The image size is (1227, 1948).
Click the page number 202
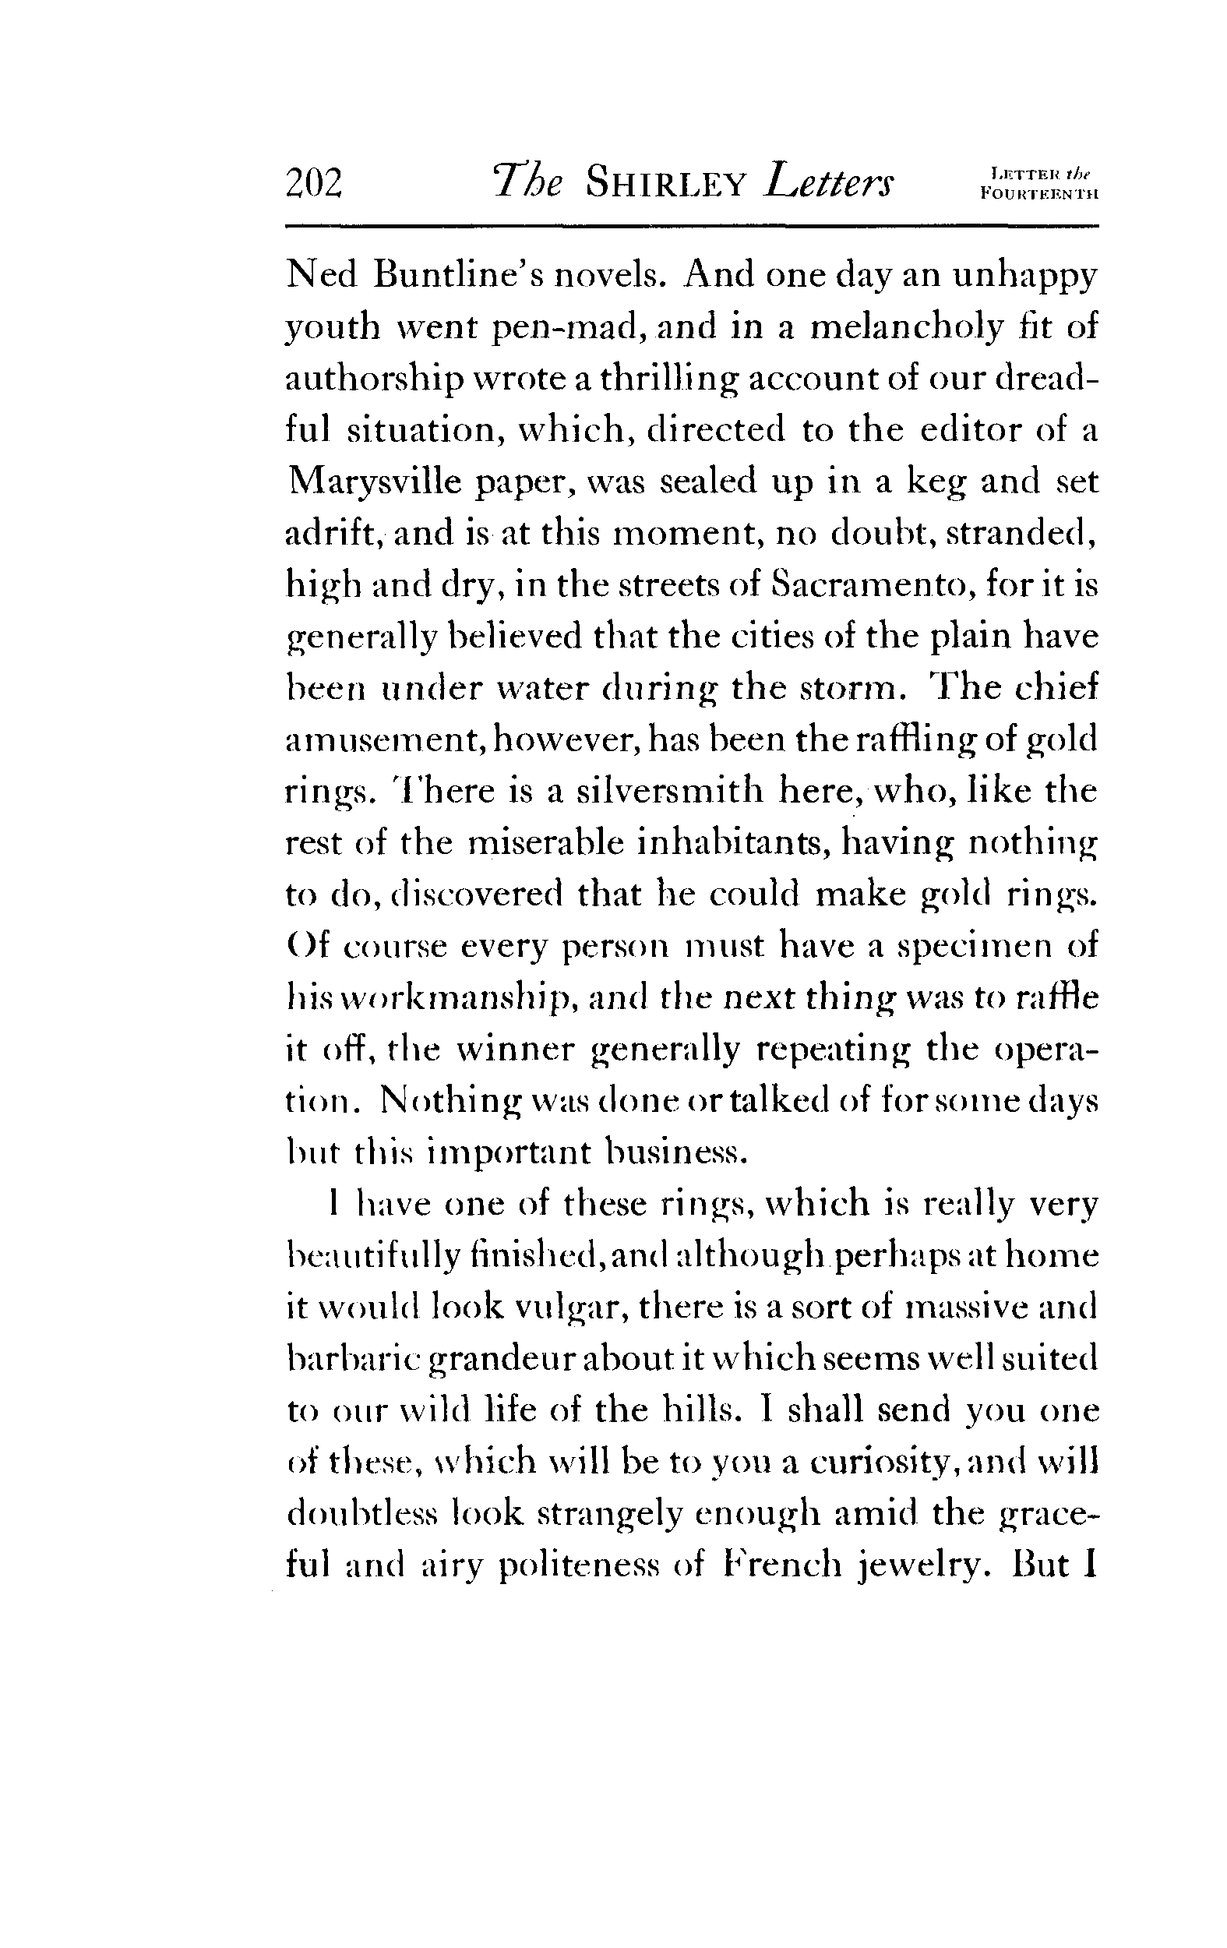315,184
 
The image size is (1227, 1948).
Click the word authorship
376,379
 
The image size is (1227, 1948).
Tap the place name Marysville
372,482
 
